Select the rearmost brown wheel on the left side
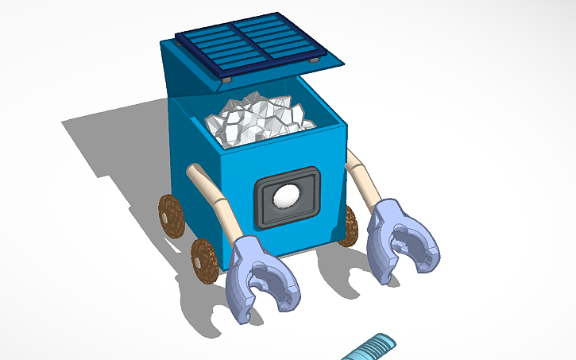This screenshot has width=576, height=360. point(171,215)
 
